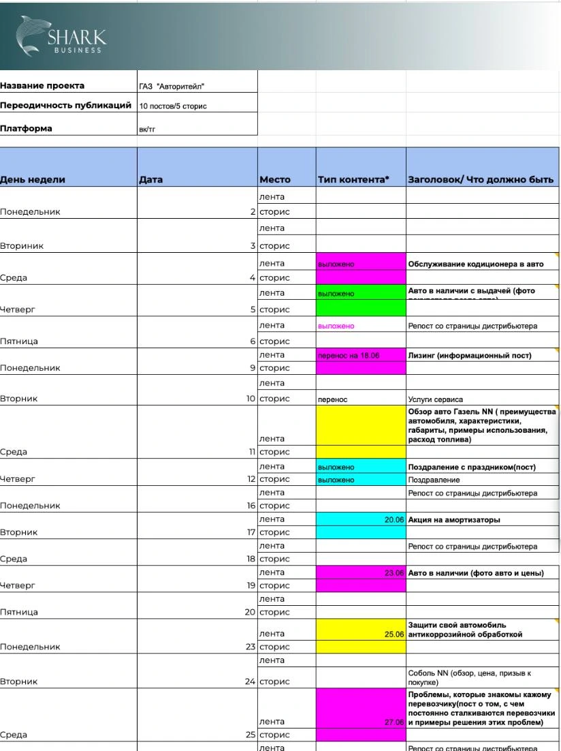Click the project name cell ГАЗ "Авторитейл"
point(171,87)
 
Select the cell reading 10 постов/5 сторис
point(172,106)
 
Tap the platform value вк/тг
point(147,127)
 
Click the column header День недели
point(33,180)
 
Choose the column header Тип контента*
point(353,180)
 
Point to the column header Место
point(274,180)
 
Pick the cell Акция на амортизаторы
point(453,519)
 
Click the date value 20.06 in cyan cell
point(394,519)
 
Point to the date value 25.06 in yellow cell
point(394,634)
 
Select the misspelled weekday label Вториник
point(20,245)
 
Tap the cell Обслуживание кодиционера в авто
point(475,264)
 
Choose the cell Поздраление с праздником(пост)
point(472,467)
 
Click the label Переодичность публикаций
point(65,106)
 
